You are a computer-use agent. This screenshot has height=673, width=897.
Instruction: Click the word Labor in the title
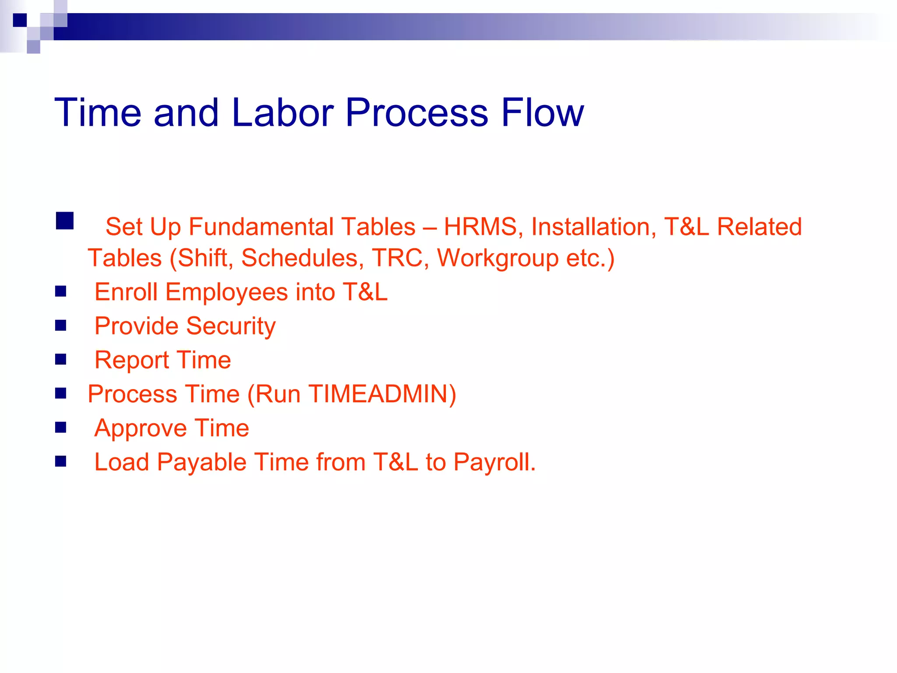283,113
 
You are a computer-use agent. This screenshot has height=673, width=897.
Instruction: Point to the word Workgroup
498,258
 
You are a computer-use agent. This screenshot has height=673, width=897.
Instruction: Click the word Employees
226,292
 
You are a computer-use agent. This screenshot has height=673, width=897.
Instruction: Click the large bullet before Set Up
65,221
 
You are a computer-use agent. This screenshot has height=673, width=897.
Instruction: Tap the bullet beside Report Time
61,359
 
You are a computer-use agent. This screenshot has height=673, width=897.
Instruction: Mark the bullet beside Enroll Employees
61,291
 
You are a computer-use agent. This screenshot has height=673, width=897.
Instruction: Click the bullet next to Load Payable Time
61,461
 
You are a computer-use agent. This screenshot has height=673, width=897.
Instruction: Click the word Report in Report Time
132,360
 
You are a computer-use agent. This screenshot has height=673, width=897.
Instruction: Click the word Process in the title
417,113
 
